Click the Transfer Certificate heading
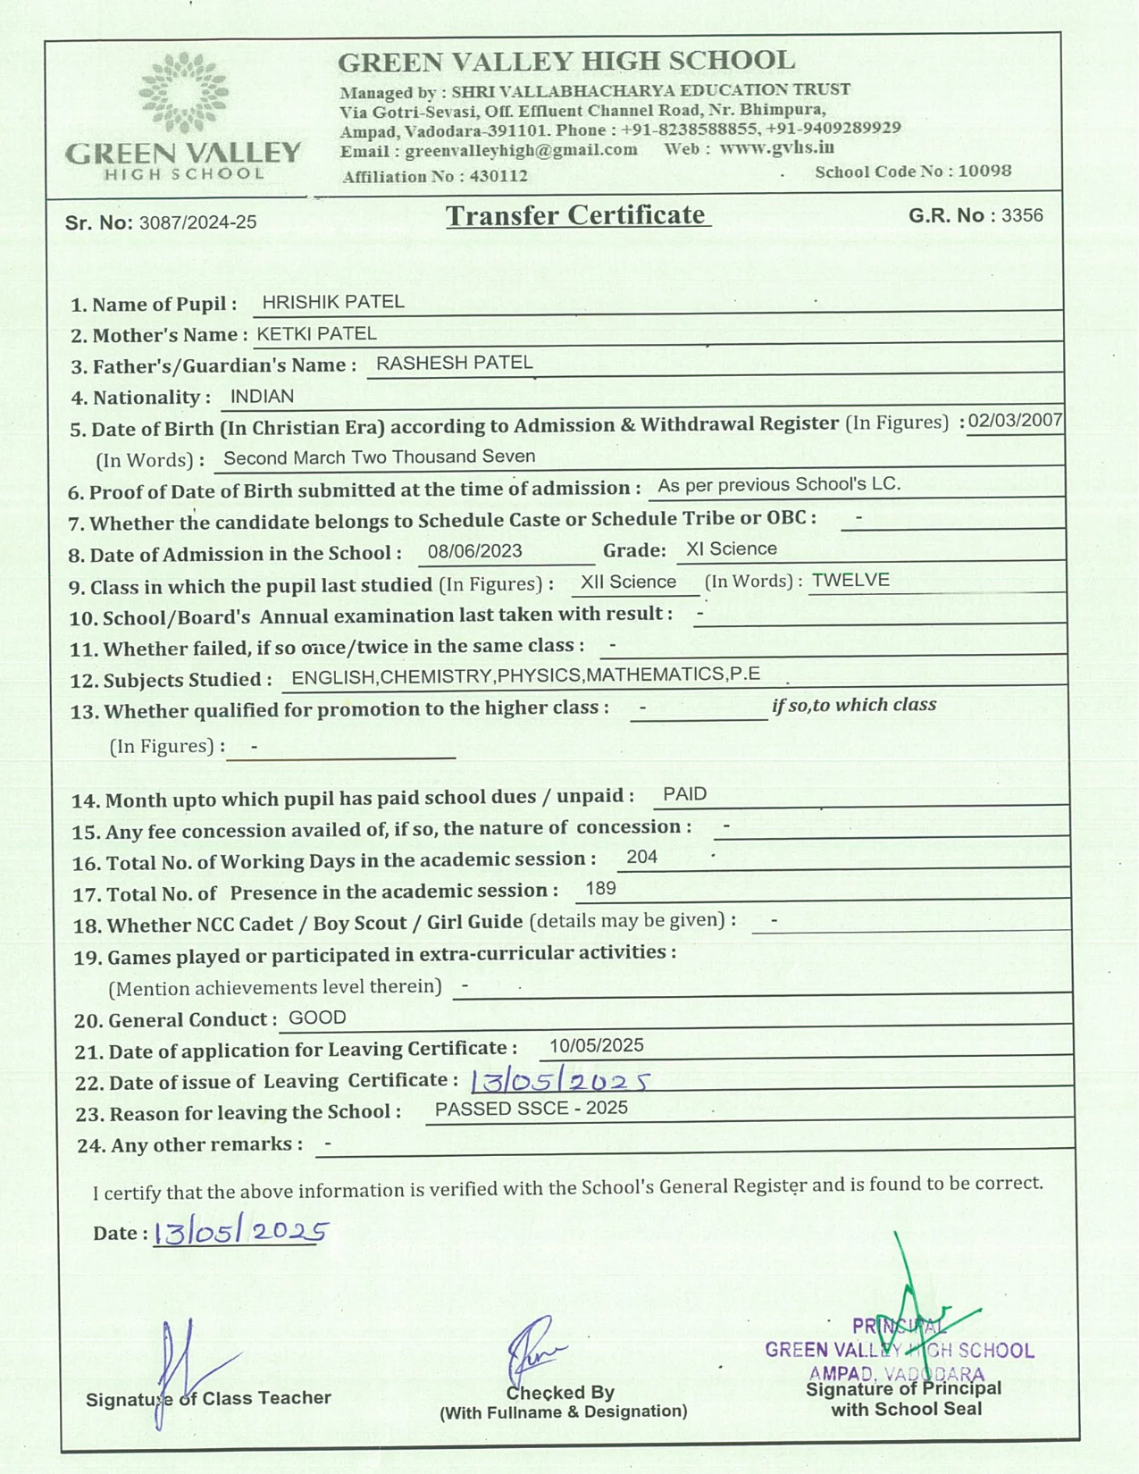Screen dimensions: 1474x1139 (576, 215)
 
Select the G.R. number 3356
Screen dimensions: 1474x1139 (1022, 215)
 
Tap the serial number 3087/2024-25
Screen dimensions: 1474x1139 (197, 222)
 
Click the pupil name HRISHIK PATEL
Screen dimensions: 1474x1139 (333, 302)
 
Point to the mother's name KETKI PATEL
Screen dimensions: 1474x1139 (316, 334)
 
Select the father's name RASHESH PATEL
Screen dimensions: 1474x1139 (454, 363)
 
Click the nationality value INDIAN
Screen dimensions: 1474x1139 (262, 397)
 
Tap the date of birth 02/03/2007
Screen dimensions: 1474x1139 (1015, 421)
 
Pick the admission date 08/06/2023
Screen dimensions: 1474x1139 (474, 551)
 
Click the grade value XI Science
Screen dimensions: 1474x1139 (731, 549)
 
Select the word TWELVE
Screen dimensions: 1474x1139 (850, 580)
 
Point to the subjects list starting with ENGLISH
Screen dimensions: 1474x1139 (525, 675)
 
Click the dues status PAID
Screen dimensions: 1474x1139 (685, 794)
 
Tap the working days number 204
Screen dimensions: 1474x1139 (641, 857)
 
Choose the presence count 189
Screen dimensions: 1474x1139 (600, 888)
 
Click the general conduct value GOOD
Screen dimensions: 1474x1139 (317, 1018)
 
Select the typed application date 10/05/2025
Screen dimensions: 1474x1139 (596, 1045)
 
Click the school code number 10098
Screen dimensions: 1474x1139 (984, 171)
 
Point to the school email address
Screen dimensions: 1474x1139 (521, 150)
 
